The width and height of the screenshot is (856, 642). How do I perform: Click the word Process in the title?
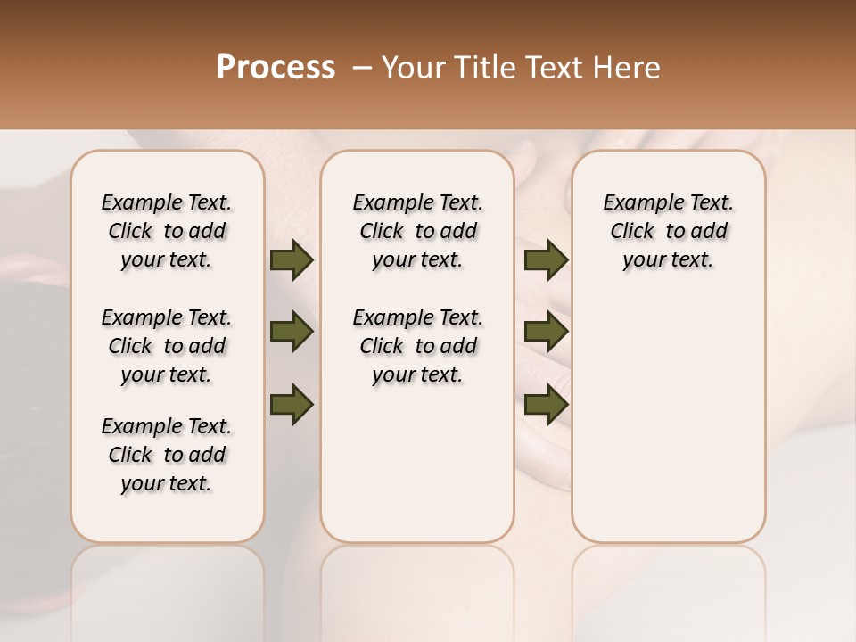pos(276,67)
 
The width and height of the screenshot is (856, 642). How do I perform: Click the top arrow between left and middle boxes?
pos(292,260)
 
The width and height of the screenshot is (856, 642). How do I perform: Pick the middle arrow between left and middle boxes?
pos(292,333)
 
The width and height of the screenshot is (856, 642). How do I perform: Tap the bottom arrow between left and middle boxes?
pos(292,404)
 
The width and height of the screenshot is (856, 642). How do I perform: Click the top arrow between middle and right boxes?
pos(546,260)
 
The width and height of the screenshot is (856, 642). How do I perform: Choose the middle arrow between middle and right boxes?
pos(546,333)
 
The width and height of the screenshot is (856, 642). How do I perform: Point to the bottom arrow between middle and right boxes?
pos(546,404)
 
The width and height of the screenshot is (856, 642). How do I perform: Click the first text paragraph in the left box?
pos(167,231)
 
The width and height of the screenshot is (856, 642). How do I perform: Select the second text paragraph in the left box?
pos(167,346)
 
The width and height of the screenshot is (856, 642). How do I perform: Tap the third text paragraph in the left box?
pos(167,455)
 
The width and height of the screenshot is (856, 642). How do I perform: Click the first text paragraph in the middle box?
pos(417,231)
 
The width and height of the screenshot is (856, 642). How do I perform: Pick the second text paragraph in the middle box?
pos(417,346)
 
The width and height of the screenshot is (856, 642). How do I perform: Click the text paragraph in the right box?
pos(668,231)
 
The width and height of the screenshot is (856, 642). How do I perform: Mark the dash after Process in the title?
pos(362,67)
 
